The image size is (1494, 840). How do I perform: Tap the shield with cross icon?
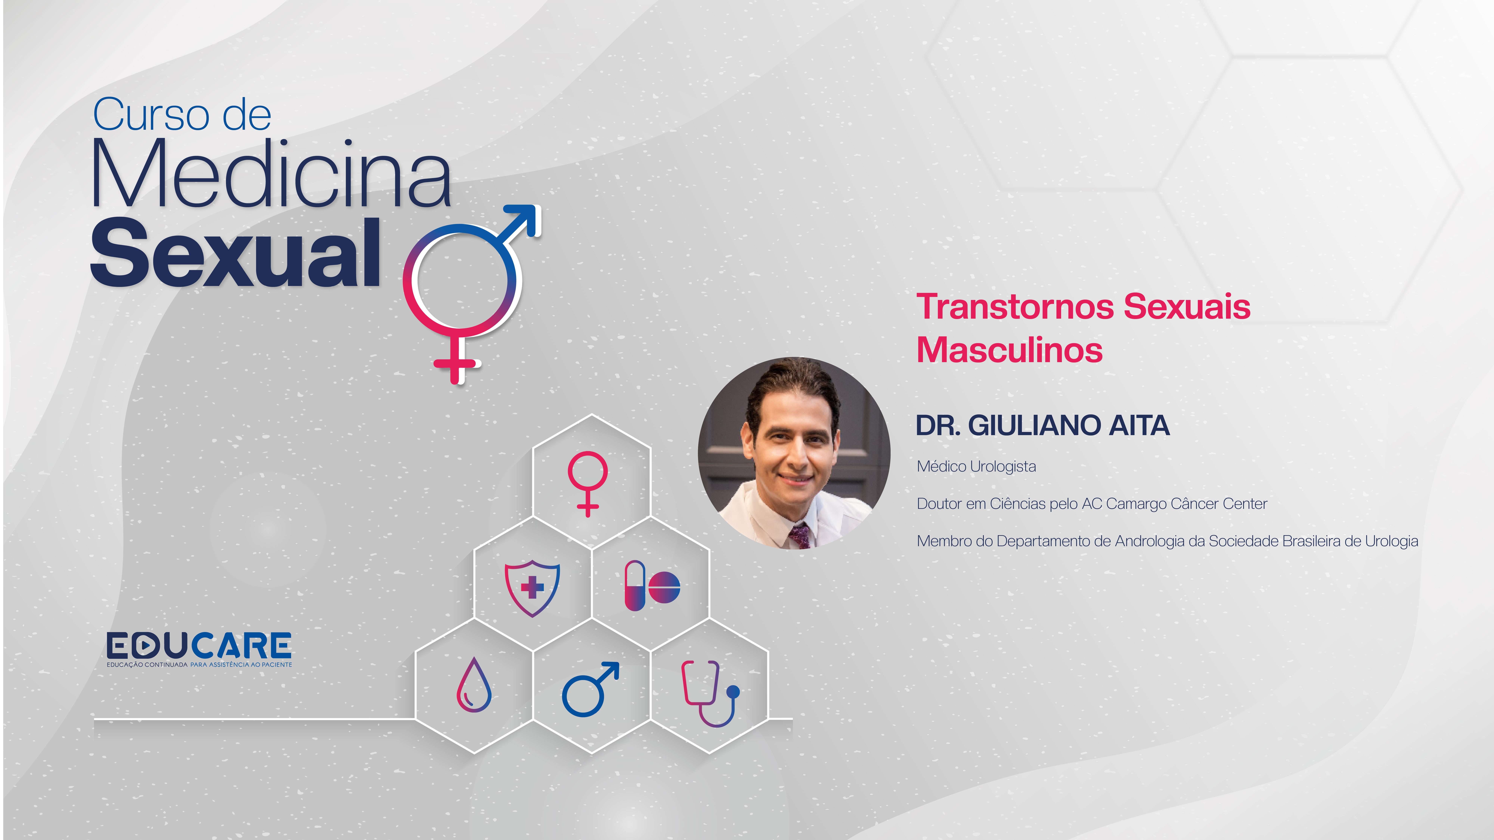point(532,587)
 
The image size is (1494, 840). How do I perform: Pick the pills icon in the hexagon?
point(652,586)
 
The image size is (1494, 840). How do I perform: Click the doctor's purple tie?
point(800,536)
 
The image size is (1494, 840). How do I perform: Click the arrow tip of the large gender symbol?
point(538,208)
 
